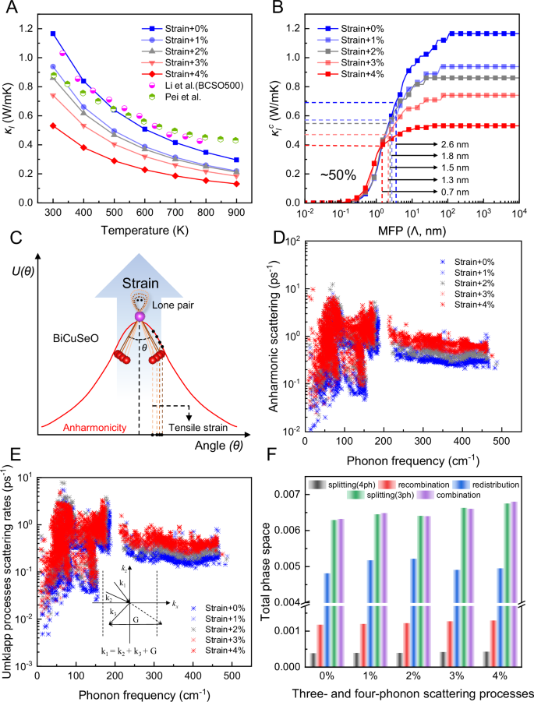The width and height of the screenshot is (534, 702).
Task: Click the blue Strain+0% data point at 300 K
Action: coord(53,34)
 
